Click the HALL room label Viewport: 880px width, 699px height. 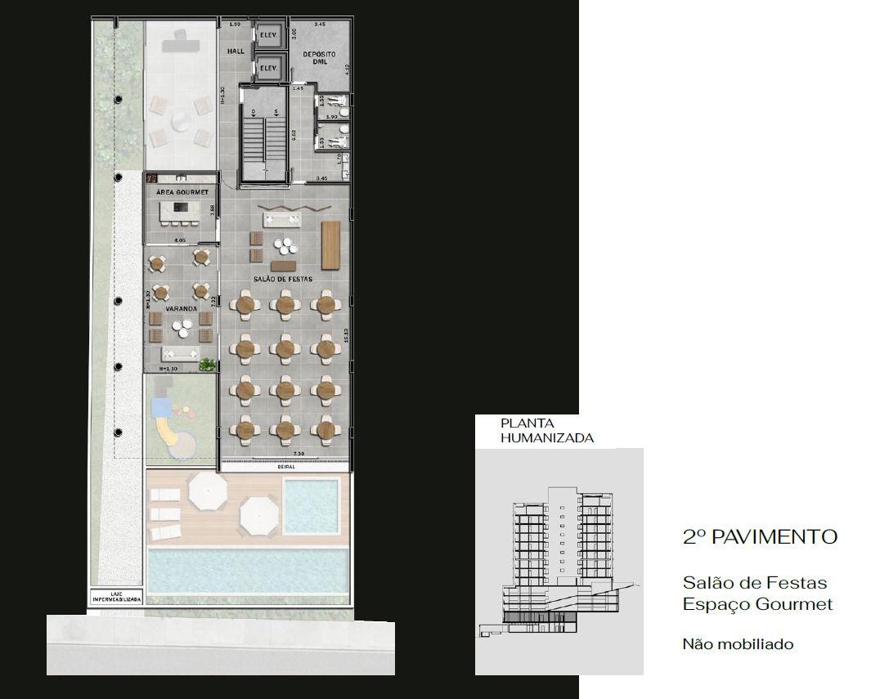[x=236, y=52]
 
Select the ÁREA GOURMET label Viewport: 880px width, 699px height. [x=182, y=192]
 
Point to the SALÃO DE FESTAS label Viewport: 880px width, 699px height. [x=283, y=279]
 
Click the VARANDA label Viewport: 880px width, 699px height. [x=180, y=310]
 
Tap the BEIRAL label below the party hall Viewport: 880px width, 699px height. [x=285, y=466]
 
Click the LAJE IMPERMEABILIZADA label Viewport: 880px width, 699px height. [x=115, y=596]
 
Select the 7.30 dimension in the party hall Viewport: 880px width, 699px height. [x=299, y=454]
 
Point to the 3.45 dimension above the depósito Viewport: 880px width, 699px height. [x=320, y=25]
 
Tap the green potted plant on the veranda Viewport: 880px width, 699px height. [x=209, y=364]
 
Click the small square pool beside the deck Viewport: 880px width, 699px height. [x=310, y=504]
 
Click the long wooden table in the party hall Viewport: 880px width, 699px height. [x=330, y=244]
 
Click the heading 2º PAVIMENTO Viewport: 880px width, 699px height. [x=760, y=537]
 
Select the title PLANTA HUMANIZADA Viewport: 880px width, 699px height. [x=547, y=431]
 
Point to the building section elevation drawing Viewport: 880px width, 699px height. [x=559, y=564]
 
